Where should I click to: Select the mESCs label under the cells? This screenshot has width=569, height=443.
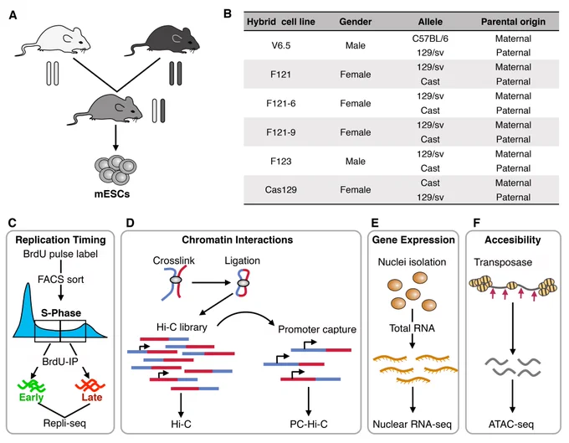(112, 194)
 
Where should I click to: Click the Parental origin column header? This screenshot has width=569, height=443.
(513, 22)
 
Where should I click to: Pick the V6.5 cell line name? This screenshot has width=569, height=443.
(281, 46)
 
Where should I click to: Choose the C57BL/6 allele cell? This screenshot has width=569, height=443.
(430, 39)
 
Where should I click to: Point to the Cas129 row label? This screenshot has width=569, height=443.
(281, 190)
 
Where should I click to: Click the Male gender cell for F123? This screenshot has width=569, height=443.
(356, 162)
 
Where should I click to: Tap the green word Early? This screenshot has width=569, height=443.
(31, 397)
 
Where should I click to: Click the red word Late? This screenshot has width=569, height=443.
(92, 397)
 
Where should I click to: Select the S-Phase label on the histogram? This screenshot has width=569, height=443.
(61, 312)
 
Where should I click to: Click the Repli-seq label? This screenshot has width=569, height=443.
(64, 424)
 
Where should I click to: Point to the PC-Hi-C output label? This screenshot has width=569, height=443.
(309, 424)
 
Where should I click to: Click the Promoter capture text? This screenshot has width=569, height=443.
(317, 329)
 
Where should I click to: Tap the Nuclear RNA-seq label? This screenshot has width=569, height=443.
(413, 424)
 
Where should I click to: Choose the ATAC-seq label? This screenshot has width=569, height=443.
(511, 424)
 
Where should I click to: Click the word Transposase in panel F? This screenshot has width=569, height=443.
(503, 262)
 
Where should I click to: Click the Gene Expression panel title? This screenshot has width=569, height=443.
(413, 240)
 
